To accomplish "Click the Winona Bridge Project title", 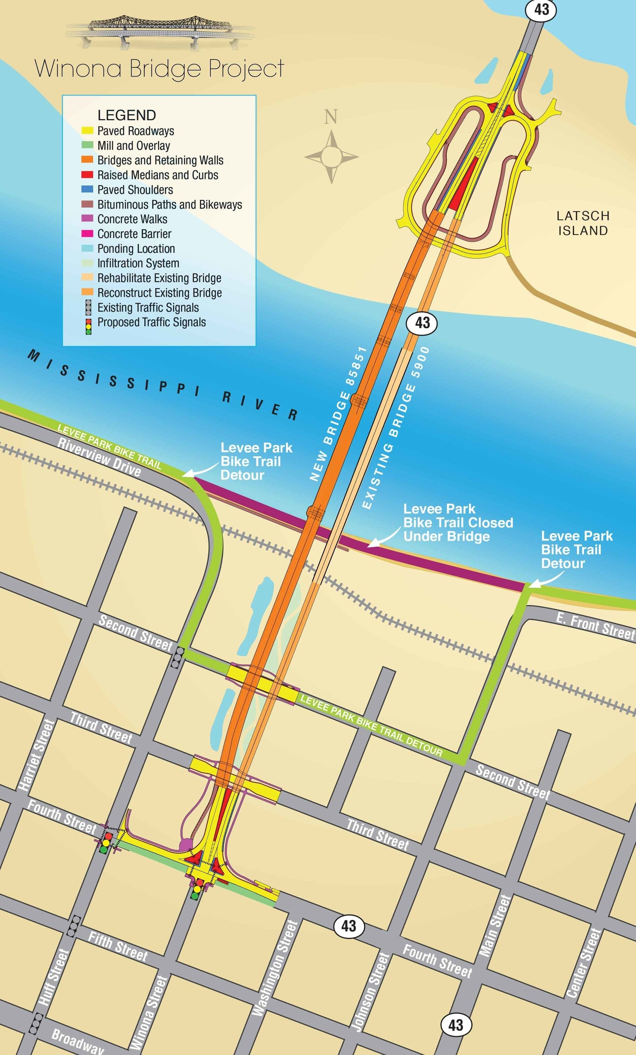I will [x=159, y=68].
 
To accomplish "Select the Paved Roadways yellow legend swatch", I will [x=87, y=131].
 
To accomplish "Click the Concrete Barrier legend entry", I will [x=134, y=234].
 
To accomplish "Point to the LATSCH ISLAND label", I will [x=583, y=223].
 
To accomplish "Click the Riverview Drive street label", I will [x=99, y=458].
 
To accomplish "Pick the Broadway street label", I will [x=78, y=1041].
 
